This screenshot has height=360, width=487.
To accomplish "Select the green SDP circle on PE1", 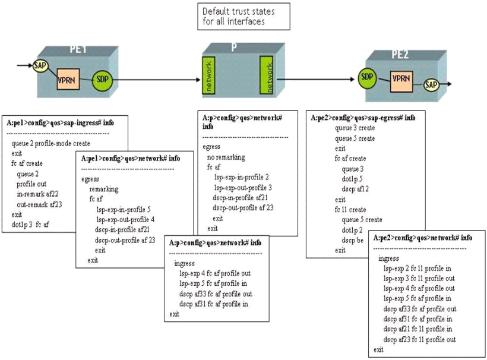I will click(x=103, y=78).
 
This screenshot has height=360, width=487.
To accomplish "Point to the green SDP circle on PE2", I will click(x=368, y=77).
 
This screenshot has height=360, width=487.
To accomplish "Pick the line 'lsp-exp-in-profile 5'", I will click(x=124, y=209).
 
